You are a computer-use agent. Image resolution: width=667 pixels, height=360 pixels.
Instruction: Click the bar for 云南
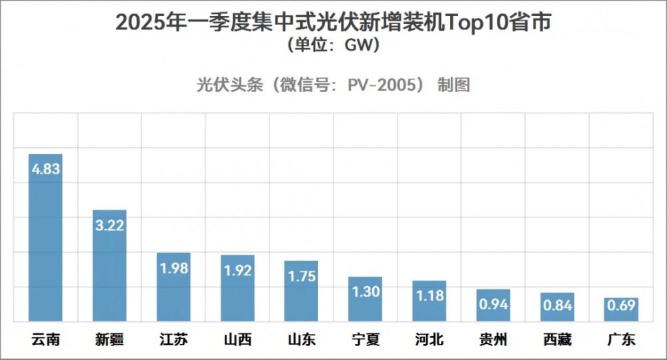click(45, 247)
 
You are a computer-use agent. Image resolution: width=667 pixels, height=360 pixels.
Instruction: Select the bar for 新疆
click(109, 273)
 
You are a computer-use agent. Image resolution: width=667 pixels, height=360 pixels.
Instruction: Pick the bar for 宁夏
click(366, 307)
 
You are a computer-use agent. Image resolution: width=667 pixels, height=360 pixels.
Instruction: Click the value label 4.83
click(45, 169)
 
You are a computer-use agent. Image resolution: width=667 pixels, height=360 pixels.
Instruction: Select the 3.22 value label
click(109, 225)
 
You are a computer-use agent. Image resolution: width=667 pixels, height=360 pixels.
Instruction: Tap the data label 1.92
click(237, 271)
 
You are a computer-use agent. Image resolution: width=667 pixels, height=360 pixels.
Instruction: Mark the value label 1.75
click(301, 276)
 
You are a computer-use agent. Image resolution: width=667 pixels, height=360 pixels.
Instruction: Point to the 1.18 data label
click(430, 295)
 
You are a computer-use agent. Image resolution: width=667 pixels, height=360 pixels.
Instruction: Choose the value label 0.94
click(494, 304)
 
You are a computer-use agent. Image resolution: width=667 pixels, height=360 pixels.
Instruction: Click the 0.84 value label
click(558, 307)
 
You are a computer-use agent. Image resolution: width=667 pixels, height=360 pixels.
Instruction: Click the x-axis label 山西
click(237, 340)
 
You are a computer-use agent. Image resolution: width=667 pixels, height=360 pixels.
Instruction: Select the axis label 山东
click(301, 340)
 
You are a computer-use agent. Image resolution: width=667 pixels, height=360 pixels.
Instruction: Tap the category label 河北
click(430, 340)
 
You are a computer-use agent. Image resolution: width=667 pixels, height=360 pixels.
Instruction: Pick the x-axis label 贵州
click(494, 340)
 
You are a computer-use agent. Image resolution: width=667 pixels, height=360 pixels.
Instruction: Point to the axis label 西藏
click(558, 340)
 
